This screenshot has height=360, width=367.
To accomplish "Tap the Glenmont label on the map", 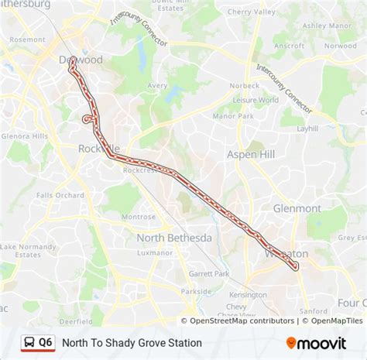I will [x=297, y=208].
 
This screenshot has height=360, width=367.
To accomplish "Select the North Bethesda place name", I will [x=174, y=238].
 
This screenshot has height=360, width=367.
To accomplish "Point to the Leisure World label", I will [x=258, y=100].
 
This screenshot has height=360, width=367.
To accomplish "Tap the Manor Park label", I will [x=235, y=116].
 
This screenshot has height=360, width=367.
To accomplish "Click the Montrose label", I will [x=138, y=217].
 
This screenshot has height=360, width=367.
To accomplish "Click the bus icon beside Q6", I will [x=29, y=342].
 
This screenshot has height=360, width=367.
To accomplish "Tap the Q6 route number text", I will [x=46, y=342].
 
